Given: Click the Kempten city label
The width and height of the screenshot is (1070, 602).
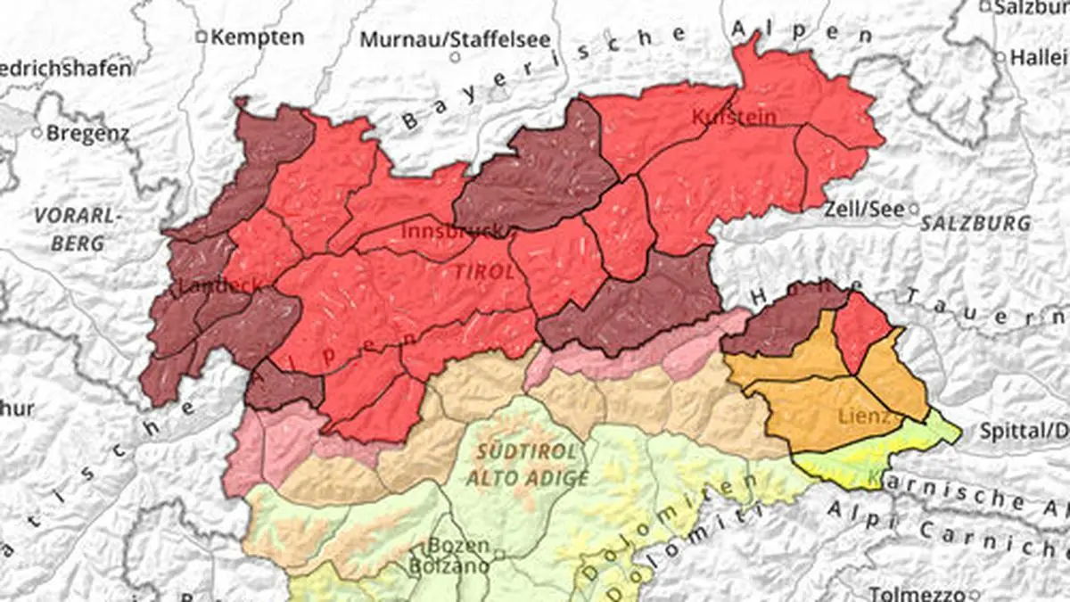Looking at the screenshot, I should (258, 37).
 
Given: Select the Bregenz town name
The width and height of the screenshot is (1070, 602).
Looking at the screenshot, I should (87, 133).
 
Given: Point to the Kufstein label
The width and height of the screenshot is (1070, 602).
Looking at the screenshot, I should (734, 117).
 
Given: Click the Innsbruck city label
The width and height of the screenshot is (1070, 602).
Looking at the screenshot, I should (453, 230).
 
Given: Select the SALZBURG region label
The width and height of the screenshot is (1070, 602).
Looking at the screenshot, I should (975, 223).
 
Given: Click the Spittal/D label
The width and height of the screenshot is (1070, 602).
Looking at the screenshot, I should (1024, 431).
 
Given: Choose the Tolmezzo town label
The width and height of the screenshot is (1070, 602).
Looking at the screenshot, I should (918, 593).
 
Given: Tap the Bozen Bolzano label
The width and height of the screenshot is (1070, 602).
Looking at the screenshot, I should (457, 555).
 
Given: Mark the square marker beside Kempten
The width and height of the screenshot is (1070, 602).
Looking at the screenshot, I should (202, 37).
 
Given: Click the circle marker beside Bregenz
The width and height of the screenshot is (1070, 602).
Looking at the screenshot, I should (37, 132).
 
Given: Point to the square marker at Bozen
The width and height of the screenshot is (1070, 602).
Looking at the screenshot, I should (500, 555).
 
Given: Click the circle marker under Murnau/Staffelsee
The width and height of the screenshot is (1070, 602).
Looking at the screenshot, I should (455, 57).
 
